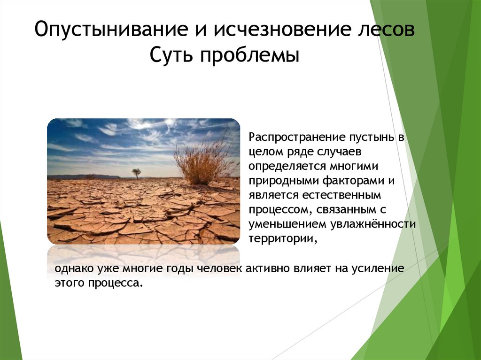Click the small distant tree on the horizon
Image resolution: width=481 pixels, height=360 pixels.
[x=136, y=173]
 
